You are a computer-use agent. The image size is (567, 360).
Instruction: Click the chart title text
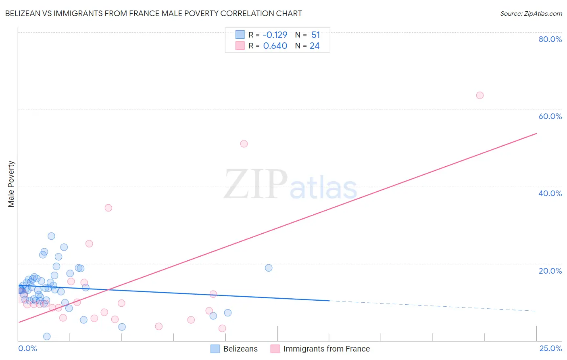(x=153, y=13)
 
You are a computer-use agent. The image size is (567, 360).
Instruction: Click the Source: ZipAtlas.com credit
(x=531, y=13)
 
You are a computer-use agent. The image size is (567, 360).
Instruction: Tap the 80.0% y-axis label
(x=550, y=39)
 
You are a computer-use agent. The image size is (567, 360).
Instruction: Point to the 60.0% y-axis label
(x=550, y=116)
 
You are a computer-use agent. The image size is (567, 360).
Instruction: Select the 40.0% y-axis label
(x=550, y=193)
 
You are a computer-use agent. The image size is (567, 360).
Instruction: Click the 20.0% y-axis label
(x=550, y=271)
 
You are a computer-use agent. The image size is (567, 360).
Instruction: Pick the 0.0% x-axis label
(x=27, y=348)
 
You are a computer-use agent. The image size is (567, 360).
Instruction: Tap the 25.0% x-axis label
(x=550, y=348)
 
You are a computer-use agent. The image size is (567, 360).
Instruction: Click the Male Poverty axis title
(x=11, y=184)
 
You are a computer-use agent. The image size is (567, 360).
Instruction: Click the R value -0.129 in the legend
(x=275, y=35)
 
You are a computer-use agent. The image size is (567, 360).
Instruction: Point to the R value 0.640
(x=275, y=46)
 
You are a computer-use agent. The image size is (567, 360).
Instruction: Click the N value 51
(x=315, y=35)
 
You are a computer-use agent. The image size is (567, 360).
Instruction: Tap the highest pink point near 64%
(x=479, y=95)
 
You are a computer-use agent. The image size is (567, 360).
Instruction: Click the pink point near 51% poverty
(x=244, y=144)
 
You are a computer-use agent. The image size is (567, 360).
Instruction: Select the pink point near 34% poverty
(x=108, y=208)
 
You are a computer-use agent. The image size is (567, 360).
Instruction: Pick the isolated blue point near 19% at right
(x=269, y=268)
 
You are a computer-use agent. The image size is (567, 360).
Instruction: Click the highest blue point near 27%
(x=51, y=236)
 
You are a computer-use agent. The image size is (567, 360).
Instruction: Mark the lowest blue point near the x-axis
(x=47, y=336)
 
